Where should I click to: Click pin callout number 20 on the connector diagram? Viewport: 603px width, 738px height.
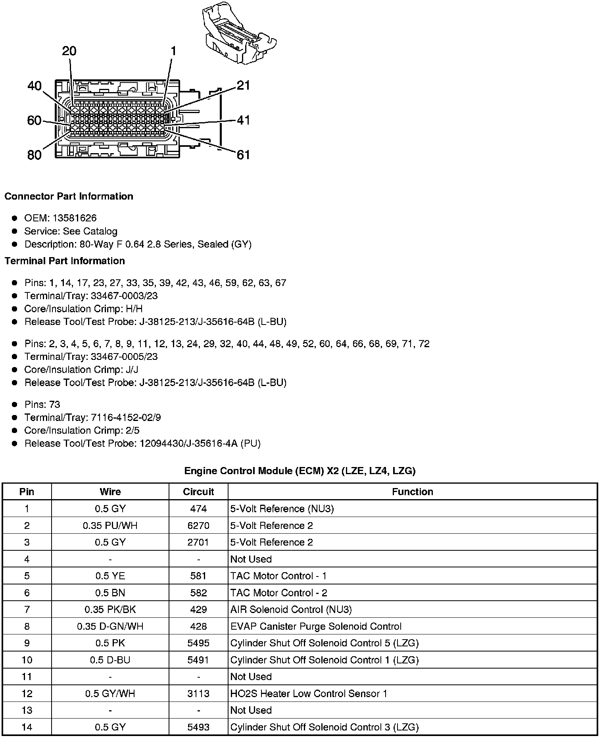(69, 51)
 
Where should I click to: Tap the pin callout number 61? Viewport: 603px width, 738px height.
(243, 155)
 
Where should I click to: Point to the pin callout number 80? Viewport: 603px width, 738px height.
(35, 155)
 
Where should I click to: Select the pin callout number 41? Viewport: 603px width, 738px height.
(243, 120)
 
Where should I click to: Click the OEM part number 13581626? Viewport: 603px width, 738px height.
(75, 218)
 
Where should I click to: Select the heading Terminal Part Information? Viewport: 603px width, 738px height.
(65, 261)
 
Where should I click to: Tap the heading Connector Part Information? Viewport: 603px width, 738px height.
(69, 196)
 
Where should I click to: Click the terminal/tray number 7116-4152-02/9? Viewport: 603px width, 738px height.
(126, 417)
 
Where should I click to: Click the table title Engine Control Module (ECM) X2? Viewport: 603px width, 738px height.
(300, 471)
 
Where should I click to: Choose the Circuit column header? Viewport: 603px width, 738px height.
(198, 492)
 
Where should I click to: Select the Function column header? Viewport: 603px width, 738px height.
(412, 492)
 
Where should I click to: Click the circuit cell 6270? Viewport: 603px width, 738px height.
(198, 525)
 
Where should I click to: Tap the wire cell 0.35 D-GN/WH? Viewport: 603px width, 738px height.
(110, 626)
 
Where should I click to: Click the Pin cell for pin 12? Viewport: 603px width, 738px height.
(27, 693)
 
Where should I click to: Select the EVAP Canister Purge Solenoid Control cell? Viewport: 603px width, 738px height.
(316, 626)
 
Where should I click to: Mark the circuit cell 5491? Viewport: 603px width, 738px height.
(198, 660)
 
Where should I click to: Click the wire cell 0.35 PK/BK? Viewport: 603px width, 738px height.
(110, 609)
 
